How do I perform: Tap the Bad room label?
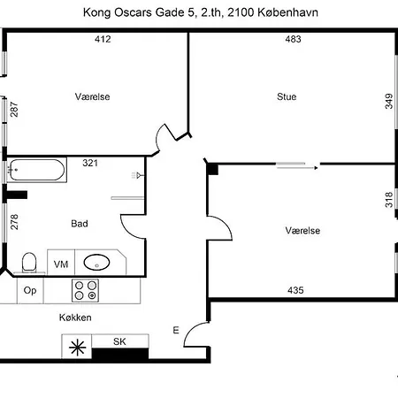coord(79,224)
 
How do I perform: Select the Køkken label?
coord(75,318)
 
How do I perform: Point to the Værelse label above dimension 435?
coord(302,230)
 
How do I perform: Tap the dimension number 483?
coord(294,38)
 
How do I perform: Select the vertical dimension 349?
coord(387,101)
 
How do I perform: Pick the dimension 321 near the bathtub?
coord(89,163)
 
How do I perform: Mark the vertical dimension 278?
coord(13,222)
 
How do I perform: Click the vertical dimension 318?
coord(387,200)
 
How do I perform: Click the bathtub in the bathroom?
coord(35,170)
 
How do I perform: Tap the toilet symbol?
coord(28,262)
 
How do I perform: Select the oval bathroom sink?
coord(96,262)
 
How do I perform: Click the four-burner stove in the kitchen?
coord(86,289)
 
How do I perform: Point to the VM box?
coord(61,264)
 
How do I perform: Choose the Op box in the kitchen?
coord(30,290)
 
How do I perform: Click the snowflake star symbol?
coord(77,348)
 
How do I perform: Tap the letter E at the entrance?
coord(176,331)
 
